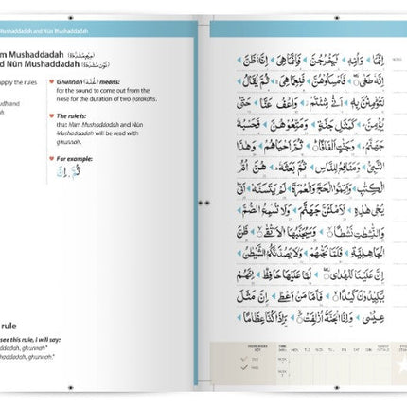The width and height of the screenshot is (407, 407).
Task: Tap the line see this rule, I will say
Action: (x=34, y=340)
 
